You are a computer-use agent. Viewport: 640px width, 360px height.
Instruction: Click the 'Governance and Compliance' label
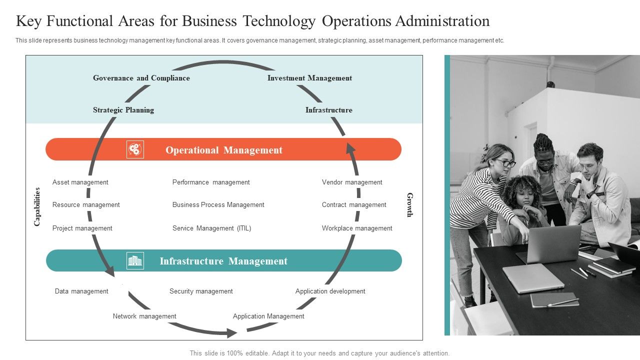click(x=141, y=78)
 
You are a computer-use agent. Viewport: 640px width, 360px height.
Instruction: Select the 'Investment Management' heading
click(x=309, y=78)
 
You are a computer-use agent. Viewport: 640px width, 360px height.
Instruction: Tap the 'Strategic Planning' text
click(x=123, y=110)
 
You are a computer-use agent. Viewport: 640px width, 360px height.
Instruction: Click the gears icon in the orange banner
click(x=135, y=149)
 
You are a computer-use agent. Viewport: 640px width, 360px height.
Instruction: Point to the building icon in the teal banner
click(x=135, y=260)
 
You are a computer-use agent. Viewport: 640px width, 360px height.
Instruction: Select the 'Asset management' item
click(x=80, y=182)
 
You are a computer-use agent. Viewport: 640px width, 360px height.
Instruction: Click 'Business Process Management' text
click(x=218, y=205)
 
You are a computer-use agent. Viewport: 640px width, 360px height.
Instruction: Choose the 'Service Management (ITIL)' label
click(x=211, y=228)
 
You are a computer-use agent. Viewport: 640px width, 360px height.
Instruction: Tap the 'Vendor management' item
click(x=352, y=182)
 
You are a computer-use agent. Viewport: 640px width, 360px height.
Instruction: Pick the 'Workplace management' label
click(x=357, y=228)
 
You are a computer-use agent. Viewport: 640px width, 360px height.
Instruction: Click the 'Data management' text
click(x=81, y=291)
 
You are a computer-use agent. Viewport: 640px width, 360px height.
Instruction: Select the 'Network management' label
click(x=144, y=316)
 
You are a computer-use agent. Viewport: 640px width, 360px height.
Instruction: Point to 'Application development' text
click(x=330, y=291)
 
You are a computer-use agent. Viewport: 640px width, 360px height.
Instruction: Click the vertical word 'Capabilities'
click(x=37, y=206)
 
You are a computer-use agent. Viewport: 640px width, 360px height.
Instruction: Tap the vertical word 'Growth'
click(x=410, y=205)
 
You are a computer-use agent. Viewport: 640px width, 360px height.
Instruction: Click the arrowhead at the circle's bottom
click(x=231, y=332)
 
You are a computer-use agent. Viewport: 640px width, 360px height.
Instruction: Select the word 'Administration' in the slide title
click(x=442, y=21)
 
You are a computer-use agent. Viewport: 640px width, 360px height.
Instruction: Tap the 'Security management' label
click(x=201, y=291)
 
